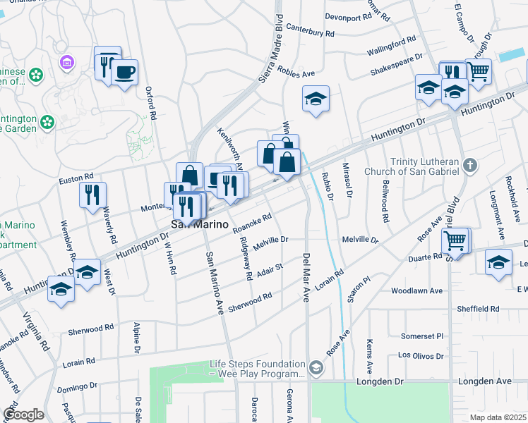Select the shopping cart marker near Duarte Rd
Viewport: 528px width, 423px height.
[456, 240]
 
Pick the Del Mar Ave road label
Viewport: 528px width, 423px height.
[306, 278]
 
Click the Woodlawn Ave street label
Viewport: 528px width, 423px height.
[416, 290]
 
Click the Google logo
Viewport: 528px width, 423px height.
[23, 415]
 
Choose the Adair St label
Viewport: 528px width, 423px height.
[269, 271]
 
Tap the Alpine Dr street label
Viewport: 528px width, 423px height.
[136, 338]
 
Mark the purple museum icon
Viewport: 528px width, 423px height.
[68, 63]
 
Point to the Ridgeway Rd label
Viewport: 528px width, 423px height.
[246, 258]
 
